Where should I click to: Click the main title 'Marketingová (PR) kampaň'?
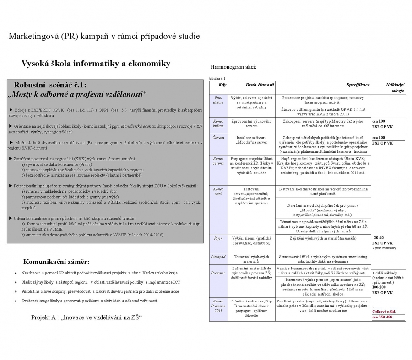pyautogui.click(x=104, y=37)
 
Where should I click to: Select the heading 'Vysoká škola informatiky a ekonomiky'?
pyautogui.click(x=96, y=64)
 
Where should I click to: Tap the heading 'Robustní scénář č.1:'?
pyautogui.click(x=50, y=85)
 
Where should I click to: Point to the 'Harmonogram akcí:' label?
pyautogui.click(x=233, y=67)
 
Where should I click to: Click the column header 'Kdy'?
pyautogui.click(x=222, y=85)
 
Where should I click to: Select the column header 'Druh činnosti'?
pyautogui.click(x=260, y=85)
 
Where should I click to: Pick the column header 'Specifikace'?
pyautogui.click(x=358, y=85)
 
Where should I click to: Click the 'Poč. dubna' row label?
pyautogui.click(x=218, y=100)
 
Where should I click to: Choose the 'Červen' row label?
pyautogui.click(x=218, y=137)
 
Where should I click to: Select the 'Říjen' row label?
pyautogui.click(x=218, y=238)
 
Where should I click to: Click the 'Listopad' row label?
pyautogui.click(x=218, y=257)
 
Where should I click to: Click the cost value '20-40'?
pyautogui.click(x=379, y=238)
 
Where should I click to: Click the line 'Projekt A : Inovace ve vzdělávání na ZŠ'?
pyautogui.click(x=86, y=317)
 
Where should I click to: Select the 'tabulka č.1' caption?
pyautogui.click(x=217, y=78)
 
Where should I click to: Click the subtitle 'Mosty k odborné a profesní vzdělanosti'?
pyautogui.click(x=77, y=94)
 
